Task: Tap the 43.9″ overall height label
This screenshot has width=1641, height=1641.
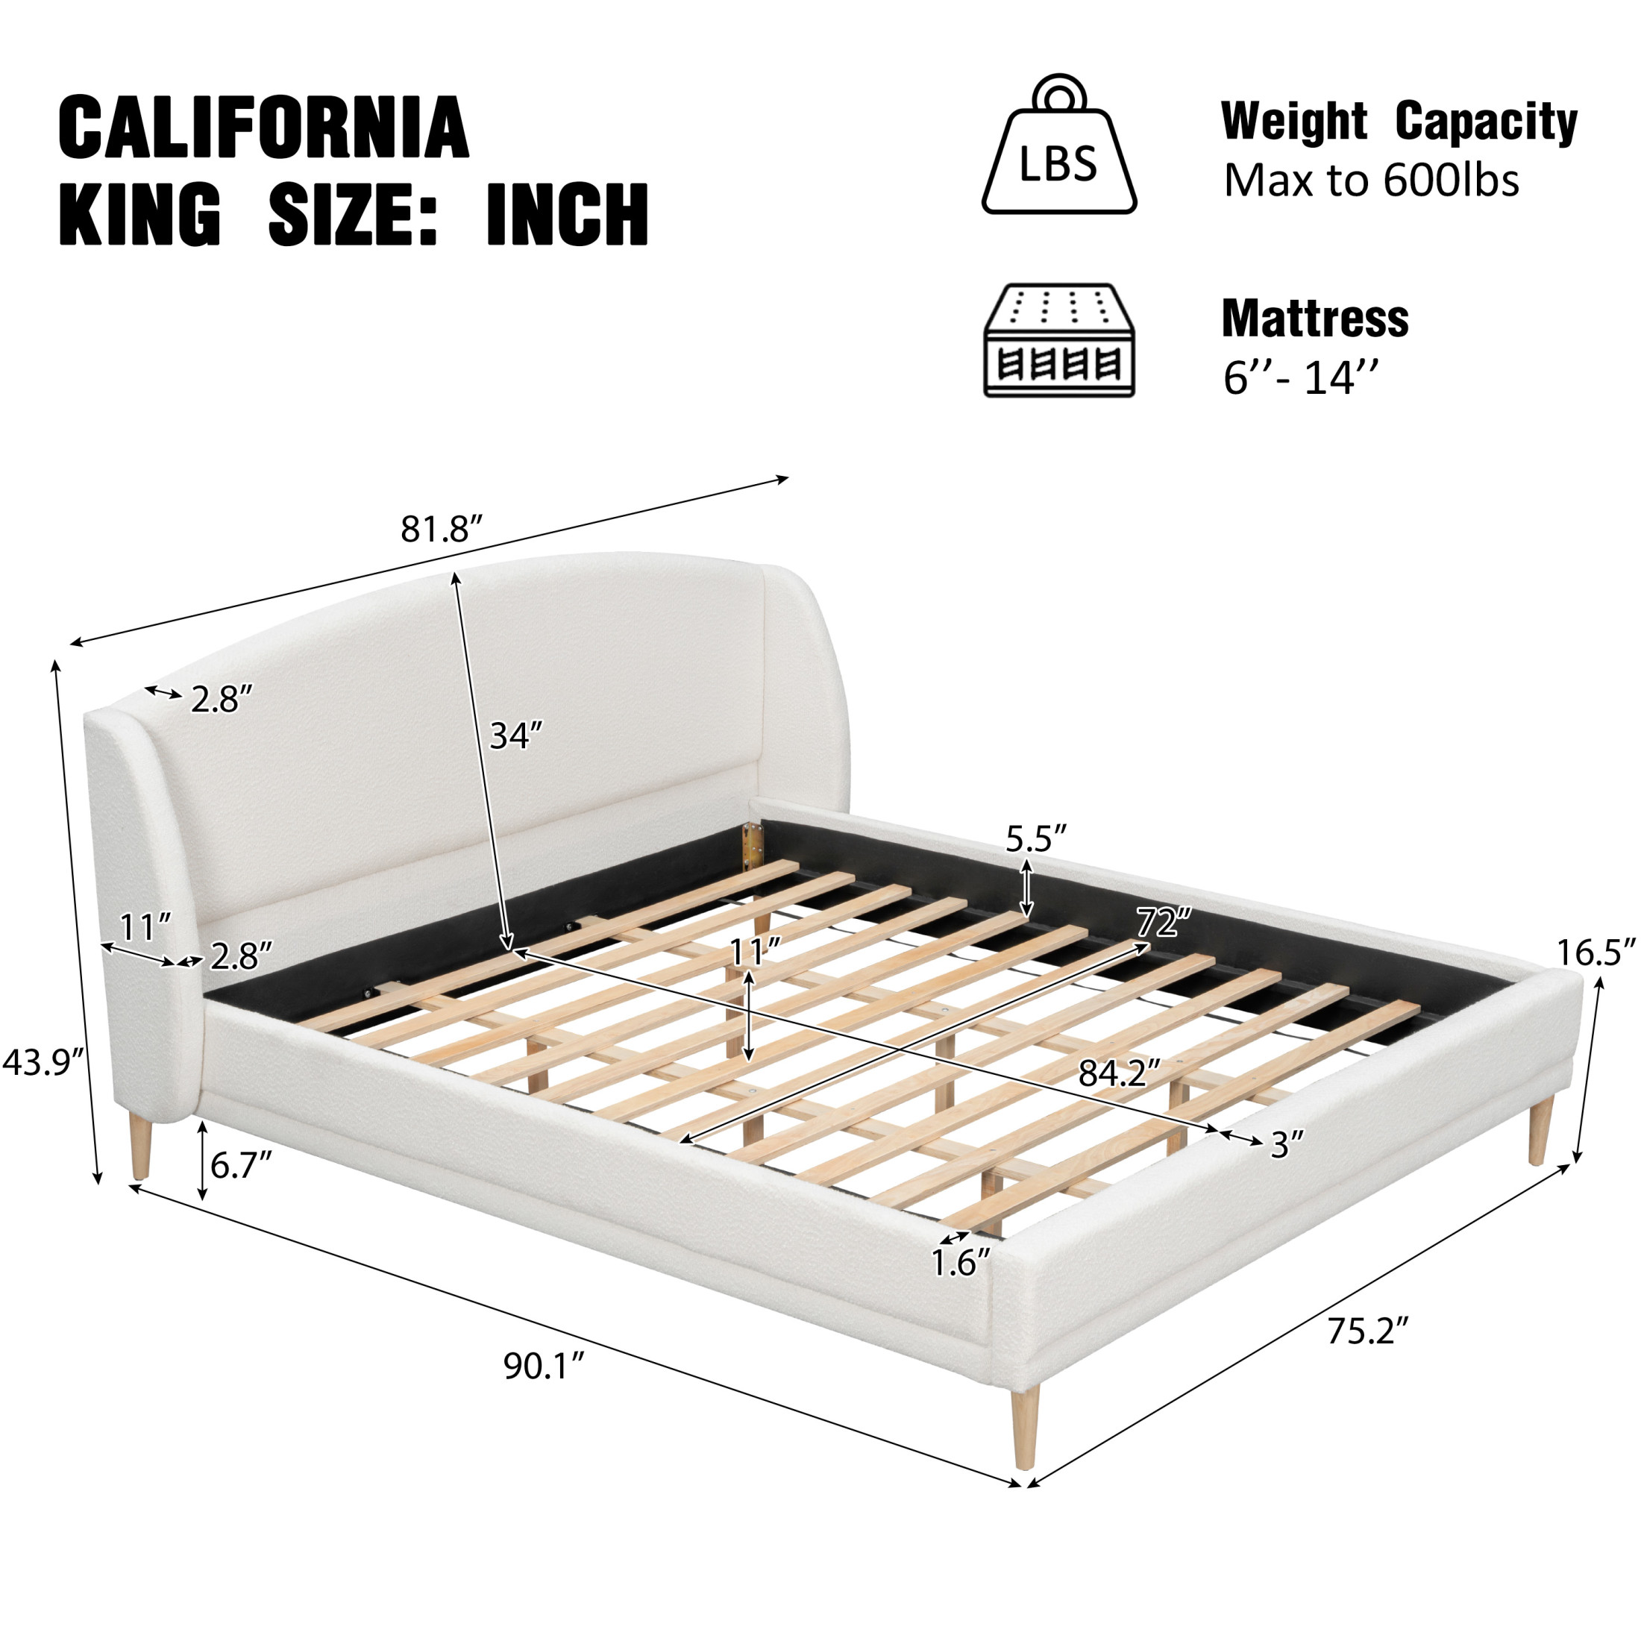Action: pyautogui.click(x=44, y=1061)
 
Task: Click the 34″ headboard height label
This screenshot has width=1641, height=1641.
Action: pyautogui.click(x=515, y=735)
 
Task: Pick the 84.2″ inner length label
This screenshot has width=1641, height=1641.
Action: pyautogui.click(x=1119, y=1074)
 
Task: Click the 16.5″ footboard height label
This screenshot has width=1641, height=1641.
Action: pyautogui.click(x=1596, y=953)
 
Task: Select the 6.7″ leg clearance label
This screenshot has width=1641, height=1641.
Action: pyautogui.click(x=241, y=1165)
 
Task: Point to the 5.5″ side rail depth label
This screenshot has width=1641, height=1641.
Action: pyautogui.click(x=1036, y=839)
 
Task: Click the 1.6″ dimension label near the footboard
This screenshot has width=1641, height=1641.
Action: pyautogui.click(x=961, y=1263)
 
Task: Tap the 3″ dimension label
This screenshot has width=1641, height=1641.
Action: pyautogui.click(x=1286, y=1145)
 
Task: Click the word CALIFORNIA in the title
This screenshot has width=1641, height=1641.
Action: pyautogui.click(x=263, y=128)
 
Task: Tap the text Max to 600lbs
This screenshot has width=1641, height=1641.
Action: pyautogui.click(x=1371, y=180)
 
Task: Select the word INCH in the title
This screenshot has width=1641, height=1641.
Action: pyautogui.click(x=568, y=214)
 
